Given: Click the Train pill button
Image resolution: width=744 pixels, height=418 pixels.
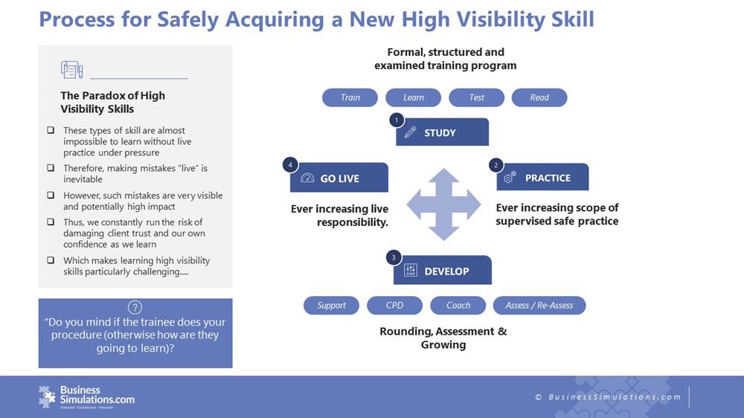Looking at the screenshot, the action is coord(350,97).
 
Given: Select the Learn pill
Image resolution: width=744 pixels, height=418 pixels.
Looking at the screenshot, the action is coord(413,97).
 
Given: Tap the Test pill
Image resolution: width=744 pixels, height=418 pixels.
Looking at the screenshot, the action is coord(476,97).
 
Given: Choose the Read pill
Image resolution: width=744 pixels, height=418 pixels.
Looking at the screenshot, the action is coord(539,97).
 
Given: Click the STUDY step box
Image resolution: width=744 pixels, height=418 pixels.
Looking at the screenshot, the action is coord(442,132).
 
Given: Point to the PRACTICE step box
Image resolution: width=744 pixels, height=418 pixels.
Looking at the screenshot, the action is coord(543,178).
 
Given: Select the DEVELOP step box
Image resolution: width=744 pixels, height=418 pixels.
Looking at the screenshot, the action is coord(443,271).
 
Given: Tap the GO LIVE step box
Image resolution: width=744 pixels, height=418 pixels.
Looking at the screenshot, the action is coord(339,178).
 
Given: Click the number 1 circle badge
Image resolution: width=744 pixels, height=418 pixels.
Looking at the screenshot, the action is coord(397,120).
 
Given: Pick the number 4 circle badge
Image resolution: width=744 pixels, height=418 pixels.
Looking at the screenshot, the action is coord(290,165).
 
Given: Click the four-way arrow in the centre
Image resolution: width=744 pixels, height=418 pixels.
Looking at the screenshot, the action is coord(443,205).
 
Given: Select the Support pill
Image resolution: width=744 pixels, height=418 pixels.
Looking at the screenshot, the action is coord(331,306).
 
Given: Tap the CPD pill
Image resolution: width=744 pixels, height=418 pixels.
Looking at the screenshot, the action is coord(394,306).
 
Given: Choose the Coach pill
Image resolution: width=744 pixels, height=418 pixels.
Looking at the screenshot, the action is coord(458,306).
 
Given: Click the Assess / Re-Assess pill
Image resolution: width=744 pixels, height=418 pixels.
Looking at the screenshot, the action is coord(539,306).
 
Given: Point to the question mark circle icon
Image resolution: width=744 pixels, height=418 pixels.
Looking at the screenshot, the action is coord(135,307).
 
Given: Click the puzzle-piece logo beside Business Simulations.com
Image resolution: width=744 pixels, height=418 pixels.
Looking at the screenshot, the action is coord(47,396).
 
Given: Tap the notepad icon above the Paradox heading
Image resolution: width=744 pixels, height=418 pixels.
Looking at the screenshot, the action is coord(71,70).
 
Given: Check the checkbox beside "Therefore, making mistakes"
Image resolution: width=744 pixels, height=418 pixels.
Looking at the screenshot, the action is coord(51,168).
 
